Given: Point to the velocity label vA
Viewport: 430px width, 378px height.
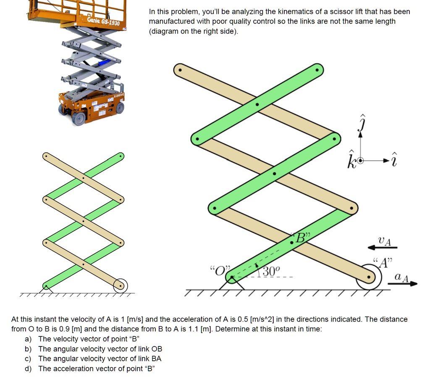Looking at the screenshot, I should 384,241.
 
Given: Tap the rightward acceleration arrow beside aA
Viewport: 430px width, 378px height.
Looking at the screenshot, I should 403,284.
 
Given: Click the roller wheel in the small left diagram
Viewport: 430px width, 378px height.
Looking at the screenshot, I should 120,286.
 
